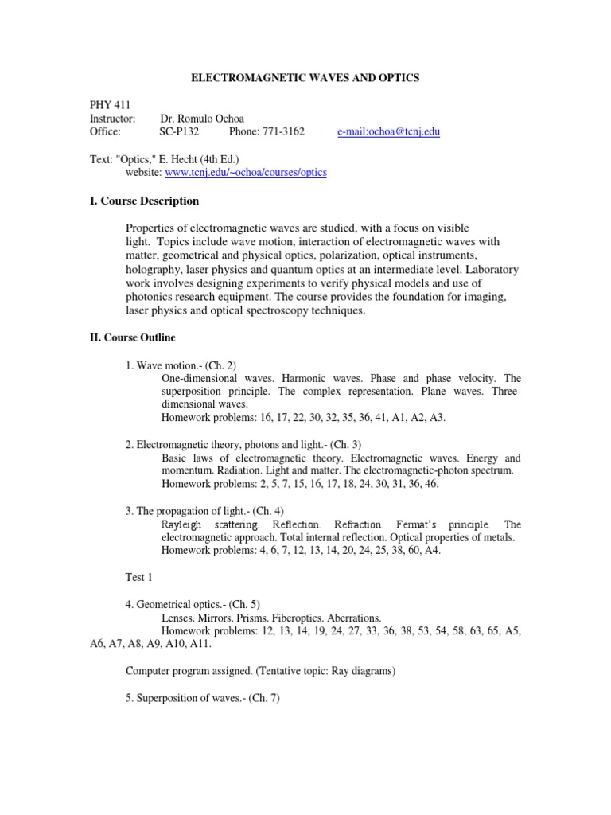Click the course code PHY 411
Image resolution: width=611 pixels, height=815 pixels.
click(x=107, y=104)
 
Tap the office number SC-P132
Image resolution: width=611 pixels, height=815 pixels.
click(x=179, y=131)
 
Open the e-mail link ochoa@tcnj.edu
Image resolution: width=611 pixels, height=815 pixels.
click(x=388, y=131)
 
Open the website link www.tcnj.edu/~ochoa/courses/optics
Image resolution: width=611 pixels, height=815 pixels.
click(x=246, y=172)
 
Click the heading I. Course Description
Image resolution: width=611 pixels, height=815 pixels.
click(x=143, y=201)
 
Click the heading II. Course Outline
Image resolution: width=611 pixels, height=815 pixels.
click(x=131, y=337)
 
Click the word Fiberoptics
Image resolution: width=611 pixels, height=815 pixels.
click(x=295, y=618)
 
